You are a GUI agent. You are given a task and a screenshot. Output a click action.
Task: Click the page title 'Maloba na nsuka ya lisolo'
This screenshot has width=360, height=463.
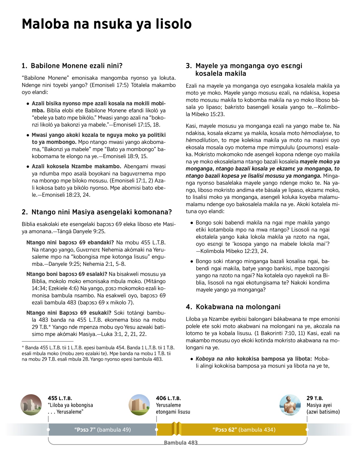tap(106, 24)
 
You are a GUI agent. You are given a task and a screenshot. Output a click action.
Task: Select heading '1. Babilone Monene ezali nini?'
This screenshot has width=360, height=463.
tap(72, 66)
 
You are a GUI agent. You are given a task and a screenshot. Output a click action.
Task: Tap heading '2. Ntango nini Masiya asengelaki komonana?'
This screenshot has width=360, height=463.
tap(97, 212)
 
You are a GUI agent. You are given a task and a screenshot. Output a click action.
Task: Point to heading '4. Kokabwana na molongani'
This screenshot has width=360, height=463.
tap(233, 307)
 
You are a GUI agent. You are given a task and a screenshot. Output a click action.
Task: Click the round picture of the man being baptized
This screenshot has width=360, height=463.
tap(290, 405)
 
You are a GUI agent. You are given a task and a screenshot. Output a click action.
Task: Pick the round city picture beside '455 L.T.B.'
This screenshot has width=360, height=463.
tap(31, 405)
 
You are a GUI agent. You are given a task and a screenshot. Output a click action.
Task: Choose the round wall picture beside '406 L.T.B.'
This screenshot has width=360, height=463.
tap(139, 405)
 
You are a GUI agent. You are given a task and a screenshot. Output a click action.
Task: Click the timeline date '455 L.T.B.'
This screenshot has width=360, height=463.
tap(60, 398)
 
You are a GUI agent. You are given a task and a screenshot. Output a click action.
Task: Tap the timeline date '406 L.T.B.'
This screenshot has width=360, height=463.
tap(168, 398)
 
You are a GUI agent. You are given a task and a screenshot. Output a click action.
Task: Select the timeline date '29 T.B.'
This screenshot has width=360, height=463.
tap(315, 398)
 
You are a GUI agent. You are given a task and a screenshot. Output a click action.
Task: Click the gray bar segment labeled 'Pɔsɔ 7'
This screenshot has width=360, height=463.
tap(102, 430)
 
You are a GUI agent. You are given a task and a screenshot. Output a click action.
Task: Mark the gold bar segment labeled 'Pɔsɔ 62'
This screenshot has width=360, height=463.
tap(244, 430)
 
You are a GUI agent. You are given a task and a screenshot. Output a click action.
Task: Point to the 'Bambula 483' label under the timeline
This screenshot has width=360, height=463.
tap(181, 443)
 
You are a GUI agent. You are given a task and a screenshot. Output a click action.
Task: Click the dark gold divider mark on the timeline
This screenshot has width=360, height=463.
tap(176, 429)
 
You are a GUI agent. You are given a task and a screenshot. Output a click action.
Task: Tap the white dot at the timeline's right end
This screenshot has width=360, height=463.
tap(307, 430)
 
